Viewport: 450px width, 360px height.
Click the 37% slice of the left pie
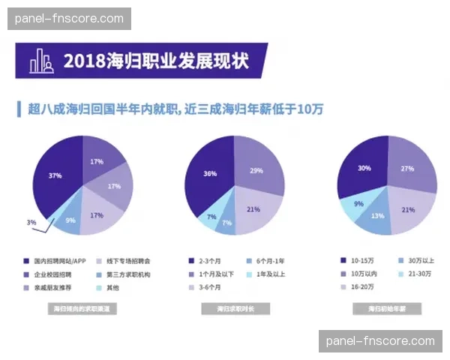point(55,176)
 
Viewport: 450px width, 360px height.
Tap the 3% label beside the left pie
point(31,223)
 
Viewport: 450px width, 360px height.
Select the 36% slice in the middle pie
point(211,173)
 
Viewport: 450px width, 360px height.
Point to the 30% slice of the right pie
point(364,169)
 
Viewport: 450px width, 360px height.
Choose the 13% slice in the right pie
point(377,217)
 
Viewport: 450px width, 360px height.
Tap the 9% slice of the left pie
point(70,220)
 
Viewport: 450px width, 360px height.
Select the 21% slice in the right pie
point(408,210)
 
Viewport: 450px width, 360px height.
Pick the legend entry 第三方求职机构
point(124,274)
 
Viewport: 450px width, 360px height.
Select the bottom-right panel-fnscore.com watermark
point(380,341)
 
